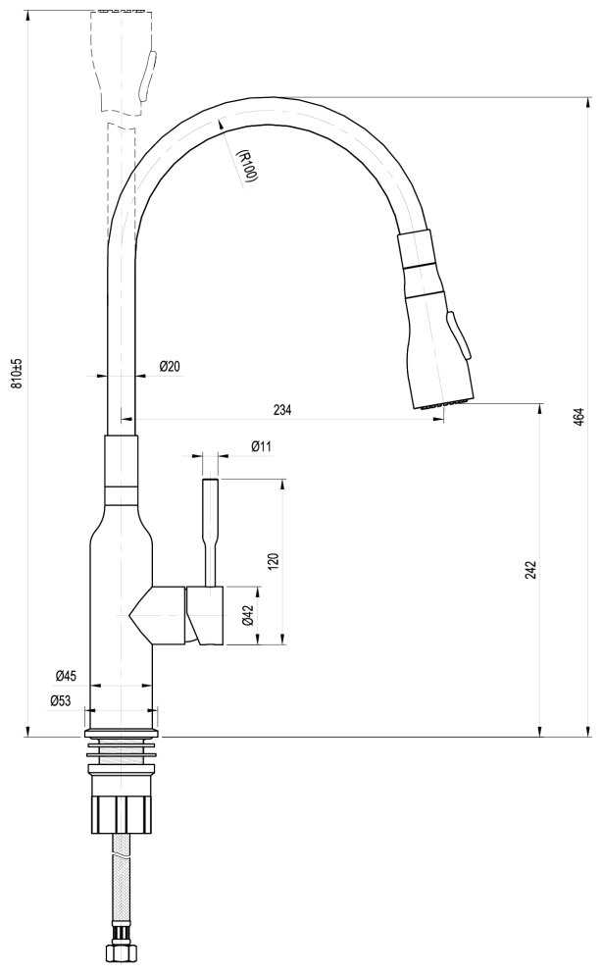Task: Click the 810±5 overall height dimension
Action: click(16, 374)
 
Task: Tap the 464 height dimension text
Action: click(579, 415)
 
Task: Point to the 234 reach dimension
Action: click(282, 410)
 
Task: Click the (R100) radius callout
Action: click(246, 165)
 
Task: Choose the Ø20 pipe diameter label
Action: click(169, 367)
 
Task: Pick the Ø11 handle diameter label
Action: click(261, 446)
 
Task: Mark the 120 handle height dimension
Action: click(275, 561)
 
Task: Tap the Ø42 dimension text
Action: click(248, 616)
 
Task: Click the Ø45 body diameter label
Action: click(66, 676)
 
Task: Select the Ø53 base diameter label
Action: click(61, 699)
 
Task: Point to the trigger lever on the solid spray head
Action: click(459, 336)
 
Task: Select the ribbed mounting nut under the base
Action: click(122, 809)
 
